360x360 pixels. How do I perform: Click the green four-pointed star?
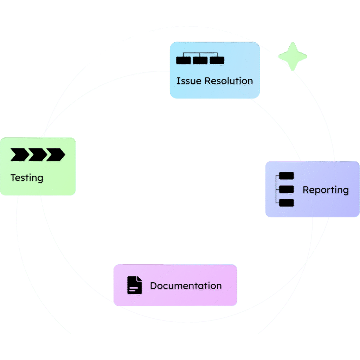click(292, 56)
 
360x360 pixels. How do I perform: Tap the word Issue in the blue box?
click(189, 81)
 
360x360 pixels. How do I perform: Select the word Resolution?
click(229, 81)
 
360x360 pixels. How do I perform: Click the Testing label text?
click(27, 178)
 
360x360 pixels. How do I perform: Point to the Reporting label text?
click(326, 190)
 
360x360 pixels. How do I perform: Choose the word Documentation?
click(186, 285)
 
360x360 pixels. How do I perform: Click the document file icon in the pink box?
click(135, 285)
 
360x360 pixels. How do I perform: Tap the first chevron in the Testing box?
click(20, 155)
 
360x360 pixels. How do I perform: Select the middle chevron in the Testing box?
click(38, 155)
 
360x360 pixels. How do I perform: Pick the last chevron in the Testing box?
click(56, 155)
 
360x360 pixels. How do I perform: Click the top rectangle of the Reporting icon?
click(287, 176)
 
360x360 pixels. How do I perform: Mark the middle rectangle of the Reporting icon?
click(287, 189)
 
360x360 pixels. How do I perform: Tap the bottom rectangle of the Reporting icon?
click(287, 203)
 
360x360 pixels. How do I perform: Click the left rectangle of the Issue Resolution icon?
click(184, 60)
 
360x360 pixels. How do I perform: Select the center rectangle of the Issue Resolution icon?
click(200, 60)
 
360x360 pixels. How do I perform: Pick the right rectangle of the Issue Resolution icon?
click(217, 60)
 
